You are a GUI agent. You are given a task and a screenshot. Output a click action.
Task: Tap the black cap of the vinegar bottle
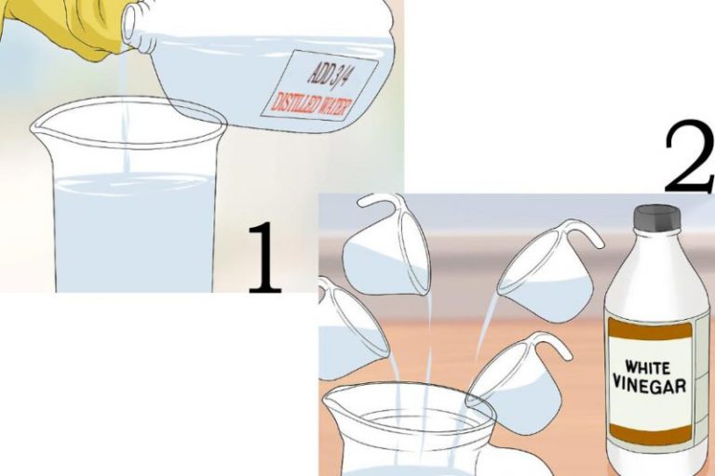(657, 217)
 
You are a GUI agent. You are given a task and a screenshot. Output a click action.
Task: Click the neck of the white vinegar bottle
(657, 244)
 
